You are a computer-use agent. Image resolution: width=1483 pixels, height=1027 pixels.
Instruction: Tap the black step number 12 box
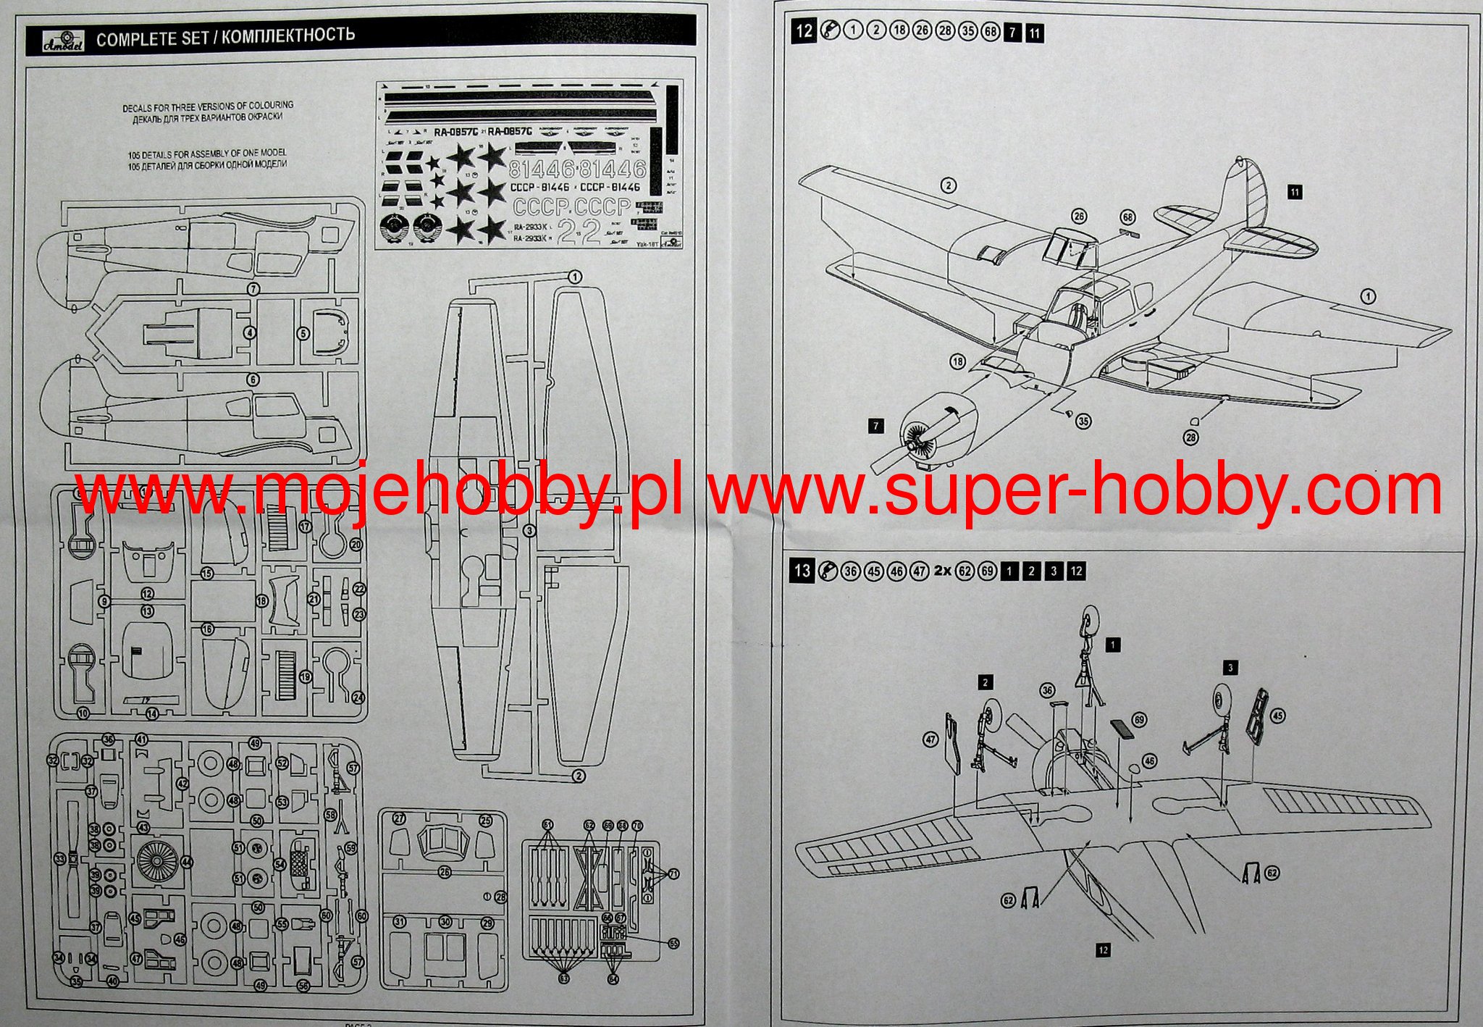804,31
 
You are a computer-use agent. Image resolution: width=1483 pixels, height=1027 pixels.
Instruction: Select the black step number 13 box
802,570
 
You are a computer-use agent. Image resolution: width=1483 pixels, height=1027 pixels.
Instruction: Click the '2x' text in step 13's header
943,570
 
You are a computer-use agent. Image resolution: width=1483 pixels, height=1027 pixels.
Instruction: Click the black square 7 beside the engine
876,426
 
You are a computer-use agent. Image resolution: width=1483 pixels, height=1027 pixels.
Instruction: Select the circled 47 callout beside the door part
930,740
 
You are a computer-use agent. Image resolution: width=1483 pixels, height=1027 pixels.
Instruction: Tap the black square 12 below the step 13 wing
1103,950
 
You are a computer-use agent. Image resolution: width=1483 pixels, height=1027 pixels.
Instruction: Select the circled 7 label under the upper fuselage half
253,289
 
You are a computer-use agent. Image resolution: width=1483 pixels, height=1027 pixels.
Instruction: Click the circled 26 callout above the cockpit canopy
1080,217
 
